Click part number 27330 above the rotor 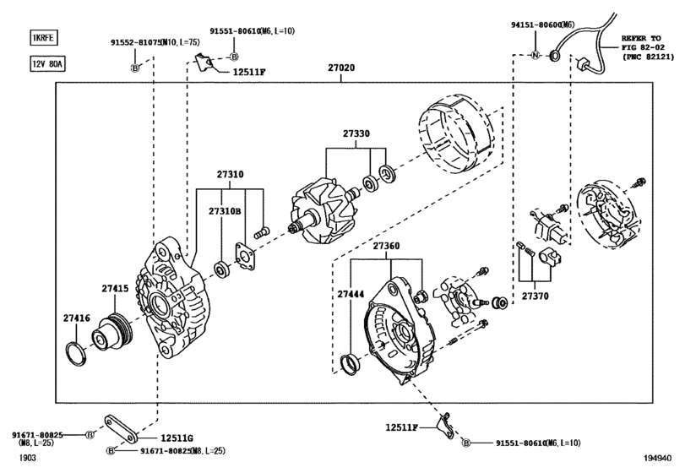[356, 133]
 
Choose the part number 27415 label [116, 289]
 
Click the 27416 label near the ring [75, 318]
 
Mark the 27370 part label [534, 296]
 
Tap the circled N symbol [534, 56]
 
